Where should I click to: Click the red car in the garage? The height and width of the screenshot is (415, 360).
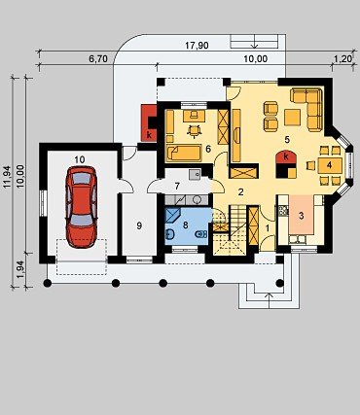tap(81, 207)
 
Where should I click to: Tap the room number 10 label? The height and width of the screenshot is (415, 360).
tap(80, 159)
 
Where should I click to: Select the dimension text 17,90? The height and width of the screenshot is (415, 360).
tap(197, 46)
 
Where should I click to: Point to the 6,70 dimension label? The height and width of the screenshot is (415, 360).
tap(97, 59)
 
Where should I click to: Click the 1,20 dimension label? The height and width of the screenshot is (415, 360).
tap(342, 58)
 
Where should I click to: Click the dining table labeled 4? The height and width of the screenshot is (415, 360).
tap(330, 165)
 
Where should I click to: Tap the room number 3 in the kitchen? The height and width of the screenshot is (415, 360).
tap(302, 216)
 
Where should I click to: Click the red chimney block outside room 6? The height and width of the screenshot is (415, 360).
tap(149, 122)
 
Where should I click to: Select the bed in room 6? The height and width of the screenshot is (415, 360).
tap(184, 153)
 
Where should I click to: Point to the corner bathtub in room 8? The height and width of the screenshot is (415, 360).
tap(172, 216)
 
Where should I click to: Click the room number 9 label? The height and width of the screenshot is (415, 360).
tap(139, 225)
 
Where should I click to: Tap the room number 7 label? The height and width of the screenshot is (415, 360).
tap(177, 187)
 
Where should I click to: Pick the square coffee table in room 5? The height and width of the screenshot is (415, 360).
tap(293, 118)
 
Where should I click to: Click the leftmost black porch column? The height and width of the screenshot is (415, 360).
tap(48, 283)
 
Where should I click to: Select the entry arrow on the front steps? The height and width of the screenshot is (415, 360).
tap(270, 300)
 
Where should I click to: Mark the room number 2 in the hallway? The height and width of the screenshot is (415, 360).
tap(240, 192)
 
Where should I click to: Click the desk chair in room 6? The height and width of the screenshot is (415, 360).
tap(194, 130)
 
